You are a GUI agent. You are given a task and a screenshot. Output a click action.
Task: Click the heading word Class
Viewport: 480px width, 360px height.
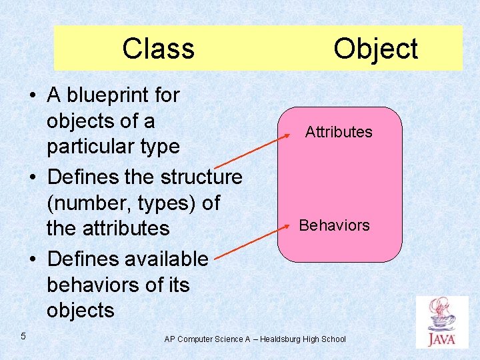point(158,49)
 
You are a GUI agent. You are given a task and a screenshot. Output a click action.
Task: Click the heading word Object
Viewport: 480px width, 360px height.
point(375,49)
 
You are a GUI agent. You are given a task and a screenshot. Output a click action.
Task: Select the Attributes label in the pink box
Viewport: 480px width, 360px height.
point(339,132)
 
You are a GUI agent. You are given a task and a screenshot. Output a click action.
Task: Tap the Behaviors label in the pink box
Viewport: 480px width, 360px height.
point(335,225)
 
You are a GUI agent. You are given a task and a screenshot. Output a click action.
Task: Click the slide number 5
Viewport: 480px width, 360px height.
point(23,336)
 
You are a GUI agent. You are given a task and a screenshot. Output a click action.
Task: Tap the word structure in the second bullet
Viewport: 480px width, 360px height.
point(203,177)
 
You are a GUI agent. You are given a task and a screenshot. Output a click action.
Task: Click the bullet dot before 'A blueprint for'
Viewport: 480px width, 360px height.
point(33,96)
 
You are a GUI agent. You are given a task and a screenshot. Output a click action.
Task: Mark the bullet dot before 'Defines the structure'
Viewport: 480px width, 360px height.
point(33,178)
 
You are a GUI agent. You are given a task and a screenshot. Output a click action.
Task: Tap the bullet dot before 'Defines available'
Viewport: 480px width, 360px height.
point(33,259)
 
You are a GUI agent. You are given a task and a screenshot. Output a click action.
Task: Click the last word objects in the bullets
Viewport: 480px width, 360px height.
point(81,310)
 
